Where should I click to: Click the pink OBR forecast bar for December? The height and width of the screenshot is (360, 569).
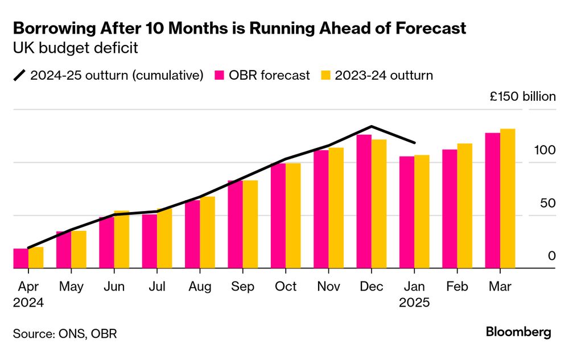pos(364,201)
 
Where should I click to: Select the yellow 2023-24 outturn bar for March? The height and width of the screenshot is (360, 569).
pos(508,198)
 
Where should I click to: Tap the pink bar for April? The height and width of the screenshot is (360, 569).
pos(20,258)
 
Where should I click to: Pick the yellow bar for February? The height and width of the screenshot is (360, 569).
pos(465,206)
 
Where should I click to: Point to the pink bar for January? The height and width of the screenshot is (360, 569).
pos(407,212)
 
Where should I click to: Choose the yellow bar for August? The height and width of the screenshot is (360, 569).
pos(207,232)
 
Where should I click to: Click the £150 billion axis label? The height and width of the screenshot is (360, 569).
pos(523,97)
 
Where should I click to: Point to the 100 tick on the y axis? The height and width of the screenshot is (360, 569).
pos(544,151)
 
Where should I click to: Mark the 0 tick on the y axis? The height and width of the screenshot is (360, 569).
pos(551,256)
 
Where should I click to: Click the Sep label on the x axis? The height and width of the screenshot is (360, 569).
pos(243,286)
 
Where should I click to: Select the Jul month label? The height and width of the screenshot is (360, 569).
pos(157,286)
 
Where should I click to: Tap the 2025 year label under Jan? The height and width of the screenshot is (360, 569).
pos(415,303)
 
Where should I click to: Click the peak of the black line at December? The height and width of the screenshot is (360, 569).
pos(372,126)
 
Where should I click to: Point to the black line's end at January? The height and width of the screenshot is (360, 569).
pos(415,143)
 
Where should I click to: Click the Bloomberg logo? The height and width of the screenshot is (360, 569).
pos(518,332)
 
